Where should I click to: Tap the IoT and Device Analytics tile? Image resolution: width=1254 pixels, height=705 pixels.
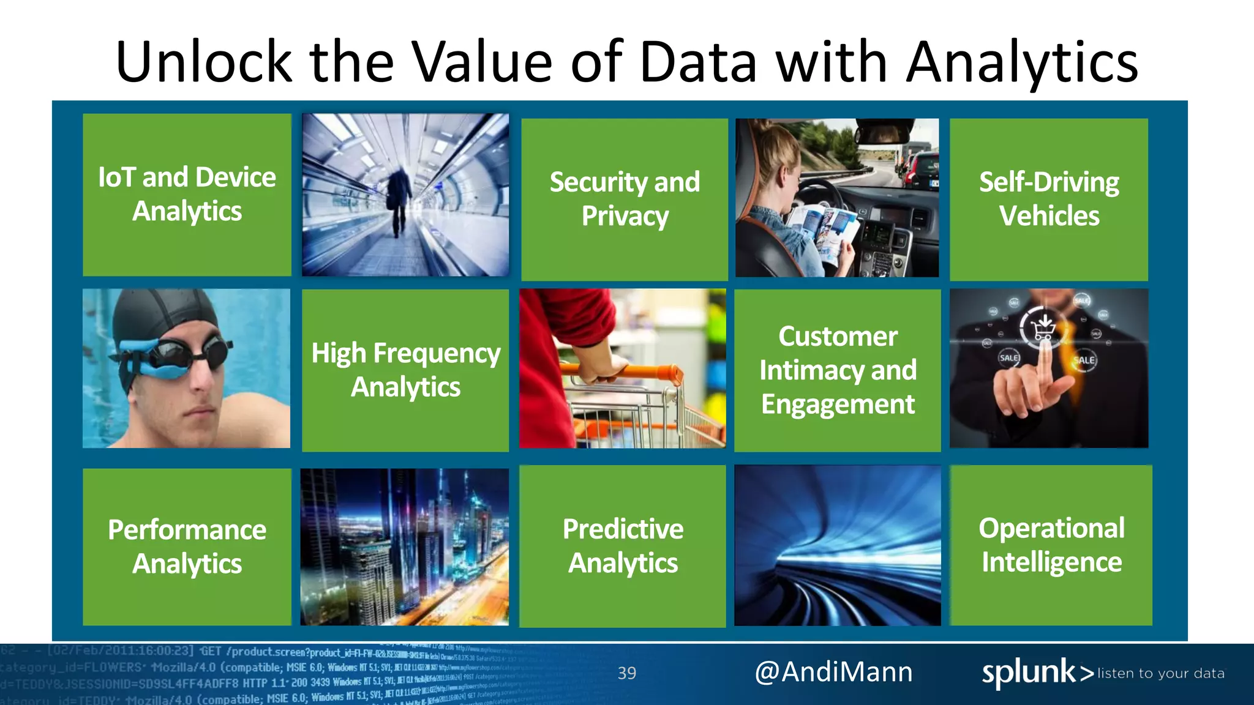tap(187, 194)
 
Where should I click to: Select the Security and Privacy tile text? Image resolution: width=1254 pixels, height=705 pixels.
tap(625, 199)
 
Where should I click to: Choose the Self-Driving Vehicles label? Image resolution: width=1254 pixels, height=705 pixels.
tap(1049, 199)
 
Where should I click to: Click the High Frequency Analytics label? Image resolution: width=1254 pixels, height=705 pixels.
tap(405, 370)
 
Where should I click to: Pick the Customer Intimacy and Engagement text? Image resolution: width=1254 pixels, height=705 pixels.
tap(838, 370)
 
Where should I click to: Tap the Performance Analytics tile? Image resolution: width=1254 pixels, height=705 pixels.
tap(187, 546)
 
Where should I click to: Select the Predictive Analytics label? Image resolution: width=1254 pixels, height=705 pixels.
tap(623, 545)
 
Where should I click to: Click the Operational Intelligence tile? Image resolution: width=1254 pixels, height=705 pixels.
tap(1051, 545)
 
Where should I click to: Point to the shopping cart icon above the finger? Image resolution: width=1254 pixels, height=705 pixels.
tap(1043, 330)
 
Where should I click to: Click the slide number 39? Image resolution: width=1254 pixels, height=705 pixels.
tap(626, 673)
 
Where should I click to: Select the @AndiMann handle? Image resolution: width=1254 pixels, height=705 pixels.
tap(833, 672)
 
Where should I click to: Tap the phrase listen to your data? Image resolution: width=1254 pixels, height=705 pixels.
tap(1161, 674)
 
